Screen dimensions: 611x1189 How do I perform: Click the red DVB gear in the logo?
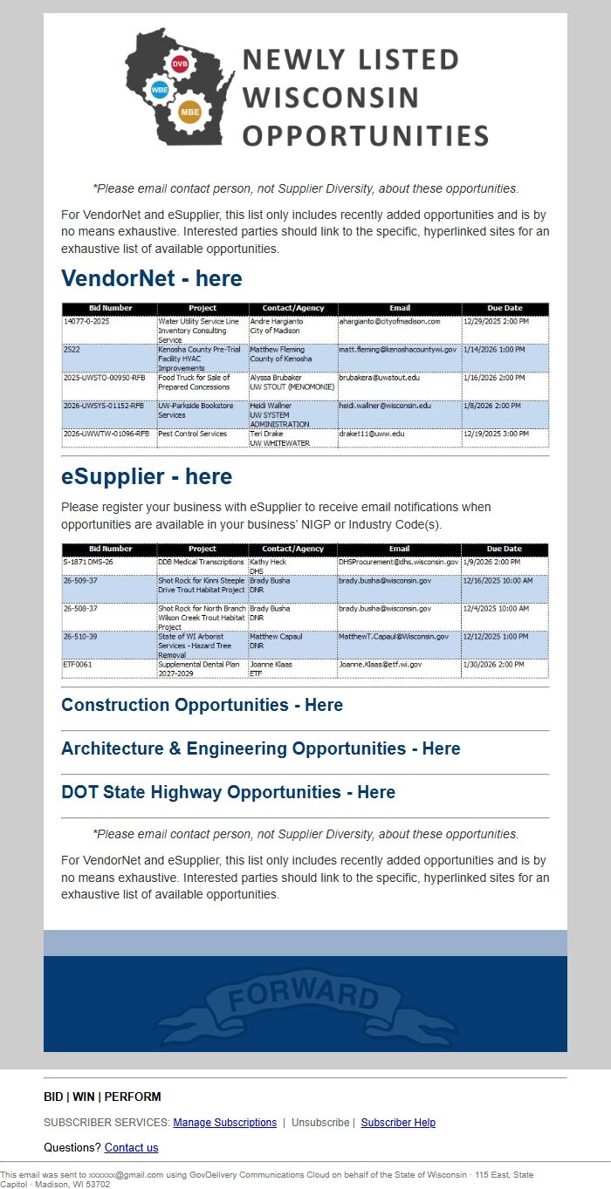(x=180, y=65)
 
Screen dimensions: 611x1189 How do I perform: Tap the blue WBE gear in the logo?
(x=160, y=90)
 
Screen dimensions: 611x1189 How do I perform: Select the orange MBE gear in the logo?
(x=189, y=112)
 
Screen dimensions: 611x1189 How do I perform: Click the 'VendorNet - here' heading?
(x=152, y=279)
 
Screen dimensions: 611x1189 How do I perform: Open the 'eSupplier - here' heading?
(x=147, y=476)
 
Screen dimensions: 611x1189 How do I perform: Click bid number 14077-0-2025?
(x=87, y=321)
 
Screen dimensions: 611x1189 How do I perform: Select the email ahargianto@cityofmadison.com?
(x=389, y=321)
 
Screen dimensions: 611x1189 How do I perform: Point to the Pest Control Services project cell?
(x=192, y=434)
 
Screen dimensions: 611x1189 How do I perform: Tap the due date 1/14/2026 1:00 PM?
(x=494, y=349)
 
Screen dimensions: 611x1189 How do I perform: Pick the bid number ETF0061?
(x=78, y=664)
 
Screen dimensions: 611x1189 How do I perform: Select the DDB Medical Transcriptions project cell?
(x=201, y=562)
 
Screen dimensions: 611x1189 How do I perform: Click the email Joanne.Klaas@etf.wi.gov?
(x=381, y=664)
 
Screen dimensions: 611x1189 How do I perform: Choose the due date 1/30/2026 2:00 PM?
(x=494, y=664)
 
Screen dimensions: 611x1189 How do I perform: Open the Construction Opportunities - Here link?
(x=202, y=705)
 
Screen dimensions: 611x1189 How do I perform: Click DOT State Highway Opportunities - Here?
(x=228, y=792)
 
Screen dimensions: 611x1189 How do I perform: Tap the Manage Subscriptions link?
(x=224, y=1123)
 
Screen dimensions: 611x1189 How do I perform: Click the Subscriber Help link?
(x=398, y=1123)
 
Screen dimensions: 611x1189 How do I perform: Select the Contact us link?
(x=131, y=1147)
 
